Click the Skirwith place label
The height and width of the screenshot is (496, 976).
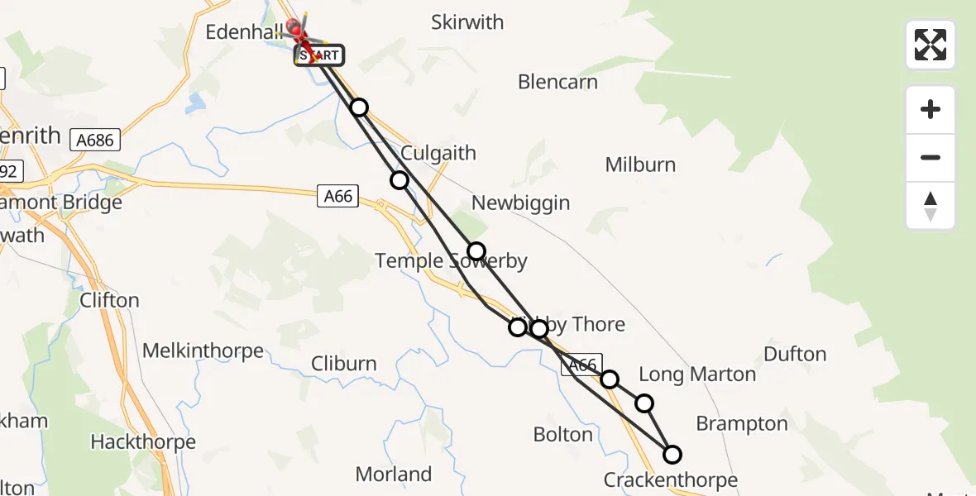[x=467, y=22]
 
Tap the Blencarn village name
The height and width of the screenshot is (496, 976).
[x=557, y=82]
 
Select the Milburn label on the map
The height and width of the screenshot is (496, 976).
[x=640, y=165]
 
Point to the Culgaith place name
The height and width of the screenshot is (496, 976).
[x=438, y=153]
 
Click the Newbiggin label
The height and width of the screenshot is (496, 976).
[x=520, y=203]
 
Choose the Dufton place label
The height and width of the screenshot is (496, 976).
[x=795, y=354]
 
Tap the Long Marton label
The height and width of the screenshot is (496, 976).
[x=697, y=374]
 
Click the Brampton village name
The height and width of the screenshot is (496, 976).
[x=742, y=424]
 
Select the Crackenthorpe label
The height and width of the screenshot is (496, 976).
[x=670, y=479]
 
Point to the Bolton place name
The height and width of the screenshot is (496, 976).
[x=563, y=434]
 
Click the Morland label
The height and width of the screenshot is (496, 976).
[x=394, y=475]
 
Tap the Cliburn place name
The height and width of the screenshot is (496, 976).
[x=344, y=364]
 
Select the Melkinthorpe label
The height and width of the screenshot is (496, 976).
[x=203, y=351]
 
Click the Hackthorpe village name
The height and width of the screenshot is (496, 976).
[x=143, y=441]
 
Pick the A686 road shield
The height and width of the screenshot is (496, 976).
[x=95, y=141]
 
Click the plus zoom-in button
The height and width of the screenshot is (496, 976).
[x=931, y=109]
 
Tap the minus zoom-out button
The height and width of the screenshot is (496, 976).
[x=931, y=157]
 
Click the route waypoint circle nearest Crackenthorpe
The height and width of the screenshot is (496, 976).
[x=672, y=454]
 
